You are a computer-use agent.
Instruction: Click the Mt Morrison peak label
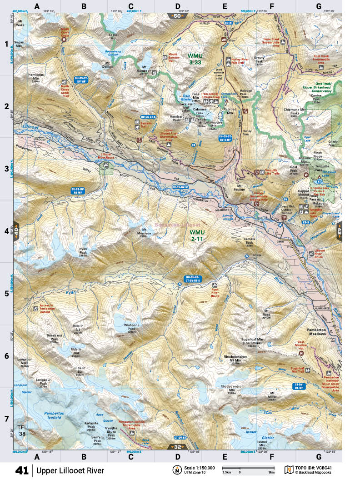[x=145, y=233]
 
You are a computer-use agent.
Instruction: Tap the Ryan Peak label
[x=83, y=251]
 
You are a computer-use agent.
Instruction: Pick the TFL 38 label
[x=22, y=430]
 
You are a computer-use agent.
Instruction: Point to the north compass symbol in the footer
[x=175, y=470]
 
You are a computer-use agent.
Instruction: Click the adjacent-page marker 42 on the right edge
[x=339, y=231]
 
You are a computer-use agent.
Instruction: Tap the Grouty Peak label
[x=260, y=60]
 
